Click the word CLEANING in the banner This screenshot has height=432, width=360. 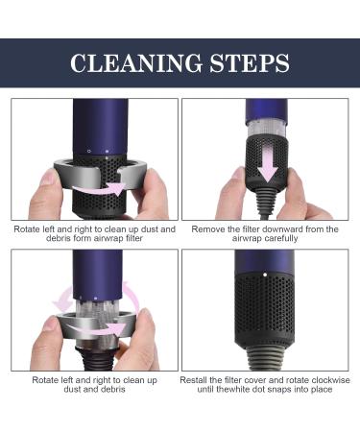pos(136,62)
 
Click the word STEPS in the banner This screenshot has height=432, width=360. pos(250,62)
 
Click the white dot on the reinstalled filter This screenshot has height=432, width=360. pos(265,275)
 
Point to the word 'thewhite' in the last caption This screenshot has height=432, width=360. pos(233,390)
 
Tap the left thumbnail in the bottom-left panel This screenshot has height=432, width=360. pos(51,323)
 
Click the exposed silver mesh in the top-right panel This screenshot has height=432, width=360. pos(266,131)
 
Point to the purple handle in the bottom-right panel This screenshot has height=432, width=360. pos(264,262)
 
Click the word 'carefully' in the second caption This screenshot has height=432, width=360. pos(265,238)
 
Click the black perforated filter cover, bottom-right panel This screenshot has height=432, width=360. pos(264,309)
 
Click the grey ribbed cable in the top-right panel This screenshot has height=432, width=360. pos(267,199)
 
